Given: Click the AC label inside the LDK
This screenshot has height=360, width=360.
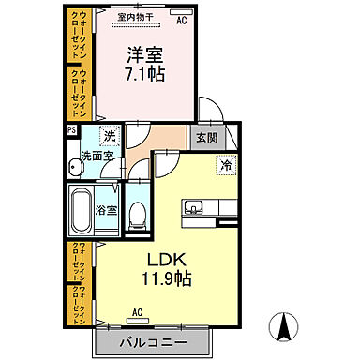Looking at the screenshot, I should coord(137,312).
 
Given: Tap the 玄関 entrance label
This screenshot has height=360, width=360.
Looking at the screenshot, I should coord(205,136).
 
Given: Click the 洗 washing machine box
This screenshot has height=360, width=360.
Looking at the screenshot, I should coord(110,137).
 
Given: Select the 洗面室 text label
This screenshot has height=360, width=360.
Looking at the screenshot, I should coord(97,155).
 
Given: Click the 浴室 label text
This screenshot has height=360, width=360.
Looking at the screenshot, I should coord(108,210).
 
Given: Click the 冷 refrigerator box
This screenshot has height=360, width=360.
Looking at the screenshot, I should coord(225,165).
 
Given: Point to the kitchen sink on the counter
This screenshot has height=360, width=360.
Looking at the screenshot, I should coord(195,207).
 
